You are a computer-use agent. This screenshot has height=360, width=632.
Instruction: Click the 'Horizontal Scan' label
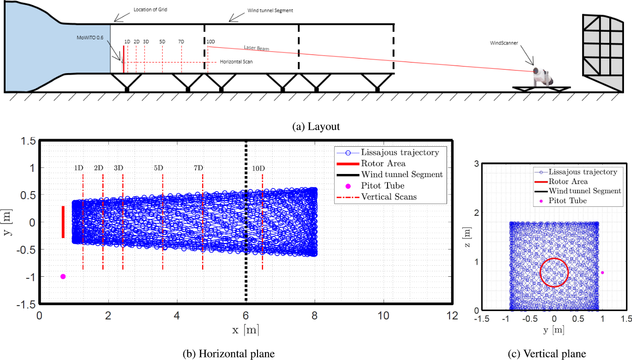point(236,62)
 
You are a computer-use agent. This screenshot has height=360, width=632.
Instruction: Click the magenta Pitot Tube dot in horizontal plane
point(63,276)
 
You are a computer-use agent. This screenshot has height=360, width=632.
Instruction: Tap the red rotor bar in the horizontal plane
point(63,222)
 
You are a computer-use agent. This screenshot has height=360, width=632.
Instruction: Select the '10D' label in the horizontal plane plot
point(258,167)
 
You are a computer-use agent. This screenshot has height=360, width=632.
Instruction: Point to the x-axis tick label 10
point(384,316)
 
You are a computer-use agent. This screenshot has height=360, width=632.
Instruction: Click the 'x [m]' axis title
point(246,330)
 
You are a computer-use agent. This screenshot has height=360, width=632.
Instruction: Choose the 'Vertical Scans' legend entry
point(389,197)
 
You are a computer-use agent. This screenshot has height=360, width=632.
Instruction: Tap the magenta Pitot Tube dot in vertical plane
point(602,273)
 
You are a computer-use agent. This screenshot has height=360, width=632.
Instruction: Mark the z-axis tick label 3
point(477,163)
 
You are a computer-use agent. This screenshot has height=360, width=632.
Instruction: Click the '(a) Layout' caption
point(316,127)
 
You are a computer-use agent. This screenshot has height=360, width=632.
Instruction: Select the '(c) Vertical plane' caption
point(554,354)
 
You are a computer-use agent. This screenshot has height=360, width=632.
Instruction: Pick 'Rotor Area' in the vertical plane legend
point(568,182)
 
